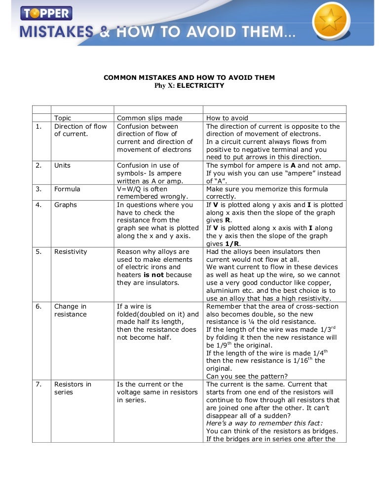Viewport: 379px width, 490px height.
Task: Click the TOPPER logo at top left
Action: [46, 12]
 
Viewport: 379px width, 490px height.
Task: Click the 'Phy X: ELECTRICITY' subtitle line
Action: [189, 85]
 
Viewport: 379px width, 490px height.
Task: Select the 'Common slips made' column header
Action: [150, 118]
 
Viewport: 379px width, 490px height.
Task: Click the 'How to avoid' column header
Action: [227, 118]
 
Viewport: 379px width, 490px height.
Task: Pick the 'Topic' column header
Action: [63, 118]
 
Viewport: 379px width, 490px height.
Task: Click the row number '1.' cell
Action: [38, 126]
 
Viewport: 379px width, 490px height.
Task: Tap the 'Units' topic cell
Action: [63, 165]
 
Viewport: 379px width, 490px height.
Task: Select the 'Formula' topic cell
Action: [67, 189]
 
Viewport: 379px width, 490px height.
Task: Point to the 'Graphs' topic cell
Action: [66, 205]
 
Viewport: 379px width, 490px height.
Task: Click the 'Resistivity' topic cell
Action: [71, 251]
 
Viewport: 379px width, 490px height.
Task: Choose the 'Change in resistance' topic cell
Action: [70, 310]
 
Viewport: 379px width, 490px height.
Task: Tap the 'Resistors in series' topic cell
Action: [73, 388]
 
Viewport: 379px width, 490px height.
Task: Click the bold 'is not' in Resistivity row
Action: [153, 275]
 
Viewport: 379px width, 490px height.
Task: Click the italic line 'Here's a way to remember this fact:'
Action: [264, 423]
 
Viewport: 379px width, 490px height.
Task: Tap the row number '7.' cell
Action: [38, 384]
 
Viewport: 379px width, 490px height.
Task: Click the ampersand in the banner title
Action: [106, 33]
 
